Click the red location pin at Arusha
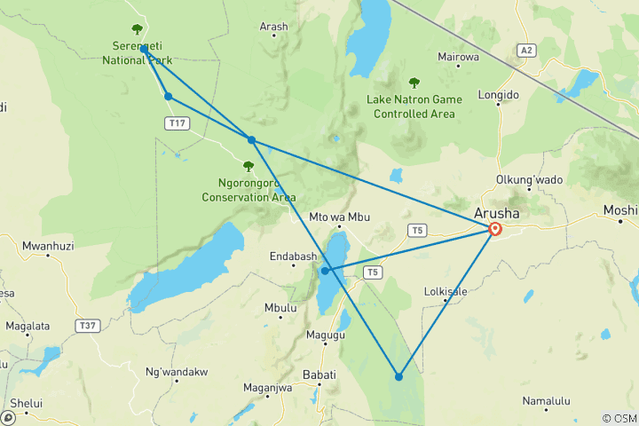[495, 229]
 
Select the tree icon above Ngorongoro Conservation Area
[248, 165]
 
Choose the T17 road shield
[177, 122]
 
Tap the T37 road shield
[87, 326]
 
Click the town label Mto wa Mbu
[336, 217]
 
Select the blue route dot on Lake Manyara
[326, 271]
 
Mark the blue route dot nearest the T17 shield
[168, 96]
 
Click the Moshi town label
[619, 210]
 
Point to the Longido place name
[499, 92]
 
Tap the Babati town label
[319, 375]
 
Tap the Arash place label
[273, 27]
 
